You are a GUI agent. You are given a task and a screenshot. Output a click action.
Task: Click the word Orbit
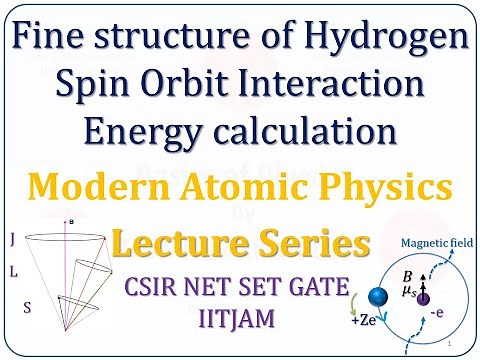[178, 90]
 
